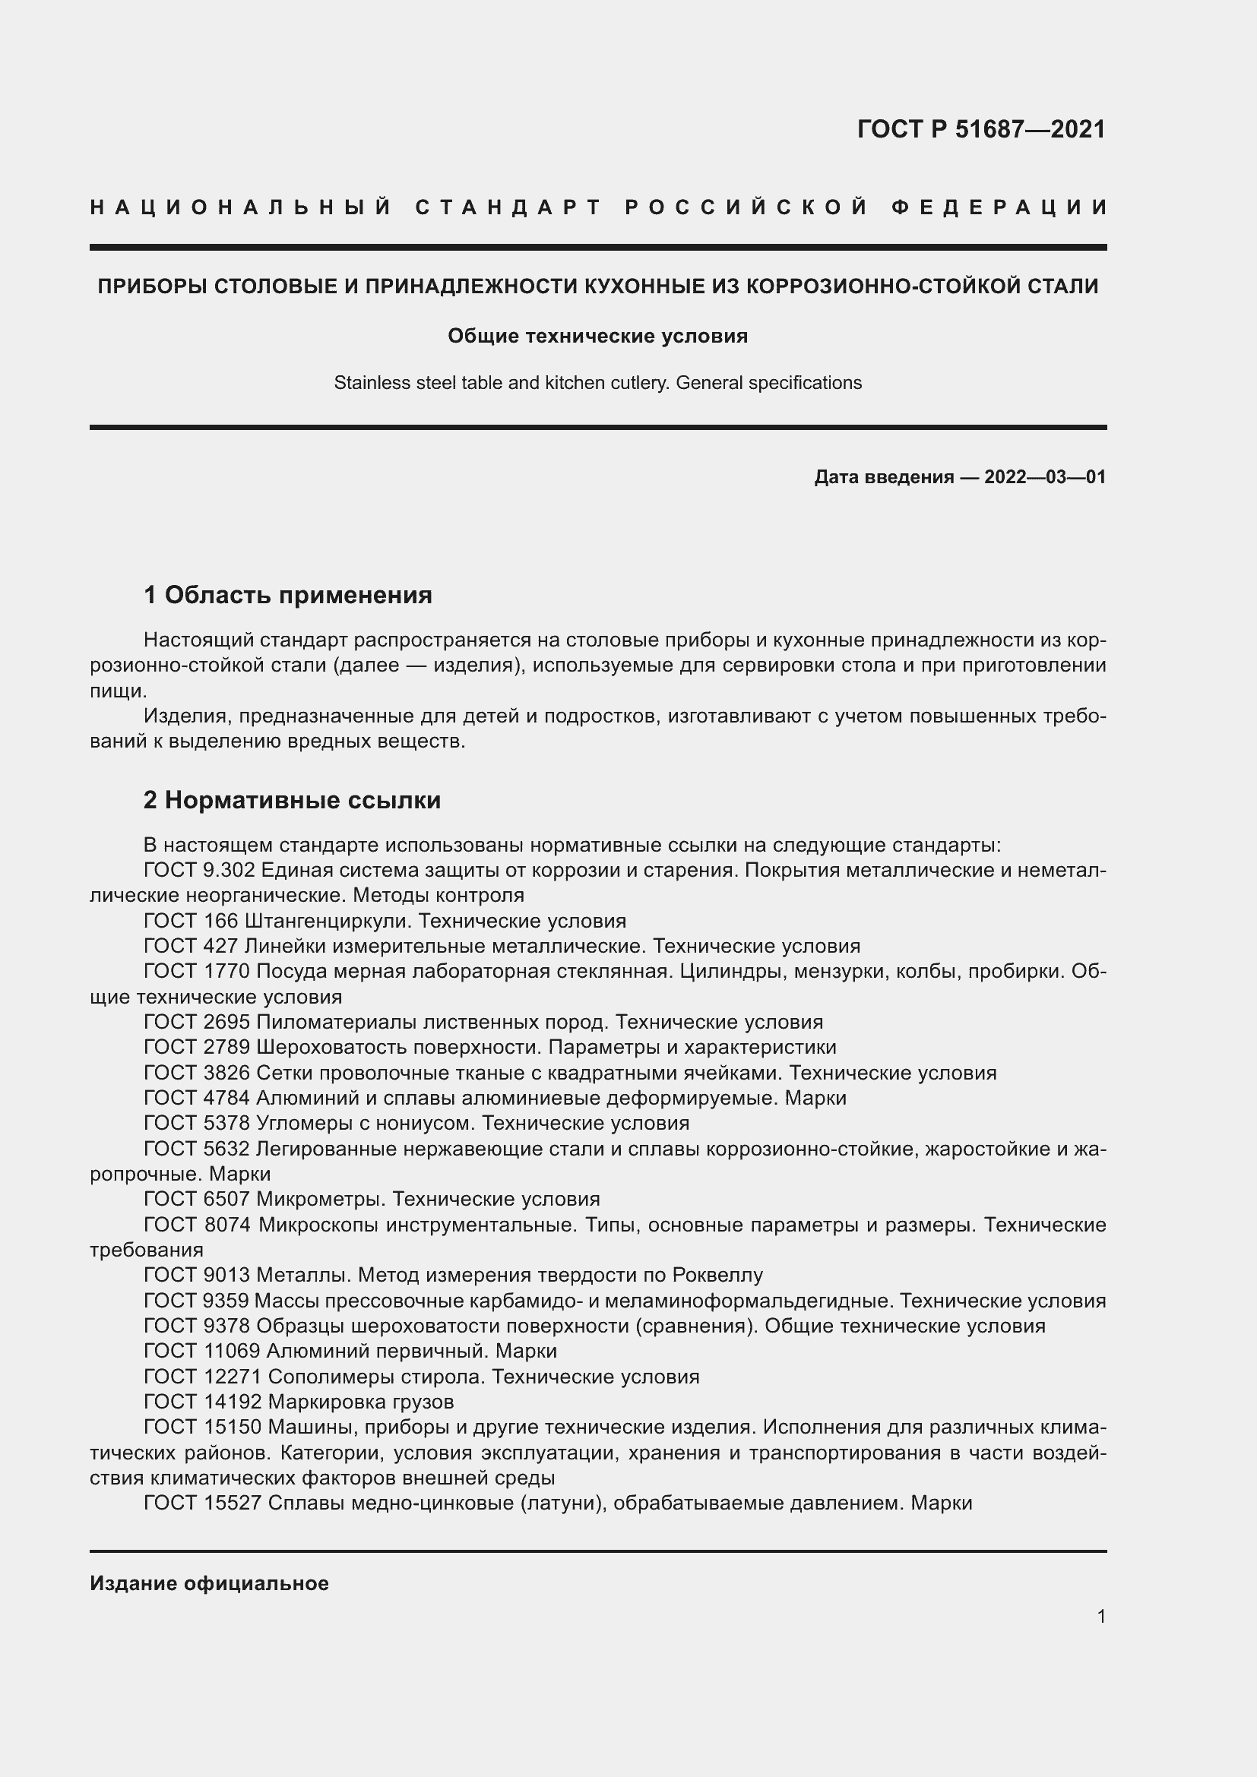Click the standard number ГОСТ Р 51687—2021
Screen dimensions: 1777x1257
tap(980, 129)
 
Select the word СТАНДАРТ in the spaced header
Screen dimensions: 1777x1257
tap(508, 207)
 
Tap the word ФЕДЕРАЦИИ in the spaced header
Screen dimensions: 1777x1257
tap(999, 207)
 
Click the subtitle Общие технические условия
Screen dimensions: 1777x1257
tap(597, 336)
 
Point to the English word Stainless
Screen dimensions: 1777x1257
tap(364, 383)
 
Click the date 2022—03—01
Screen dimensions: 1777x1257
tap(1045, 477)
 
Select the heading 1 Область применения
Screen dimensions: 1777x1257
tap(287, 595)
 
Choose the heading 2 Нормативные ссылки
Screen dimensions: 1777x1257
tap(292, 800)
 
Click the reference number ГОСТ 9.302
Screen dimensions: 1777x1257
tap(199, 870)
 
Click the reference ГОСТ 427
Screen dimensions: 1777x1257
tap(191, 946)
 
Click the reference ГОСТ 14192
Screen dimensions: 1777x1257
tap(202, 1402)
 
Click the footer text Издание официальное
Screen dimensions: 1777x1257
tap(209, 1583)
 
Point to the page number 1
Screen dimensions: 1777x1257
tap(1101, 1616)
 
